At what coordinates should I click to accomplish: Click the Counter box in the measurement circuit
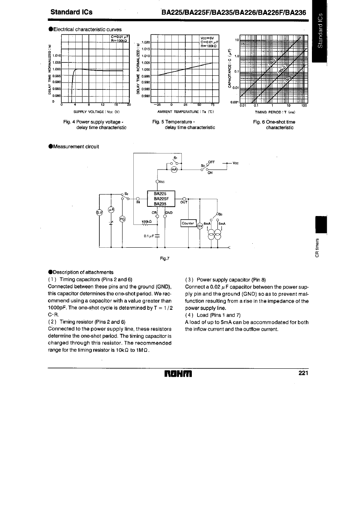(188, 223)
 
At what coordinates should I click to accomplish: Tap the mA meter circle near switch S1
(174, 170)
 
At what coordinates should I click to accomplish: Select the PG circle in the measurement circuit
(123, 219)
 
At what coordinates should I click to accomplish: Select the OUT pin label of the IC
(183, 203)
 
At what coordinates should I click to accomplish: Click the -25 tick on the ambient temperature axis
(156, 105)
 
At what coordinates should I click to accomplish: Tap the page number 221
(304, 374)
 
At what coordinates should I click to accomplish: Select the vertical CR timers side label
(318, 248)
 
